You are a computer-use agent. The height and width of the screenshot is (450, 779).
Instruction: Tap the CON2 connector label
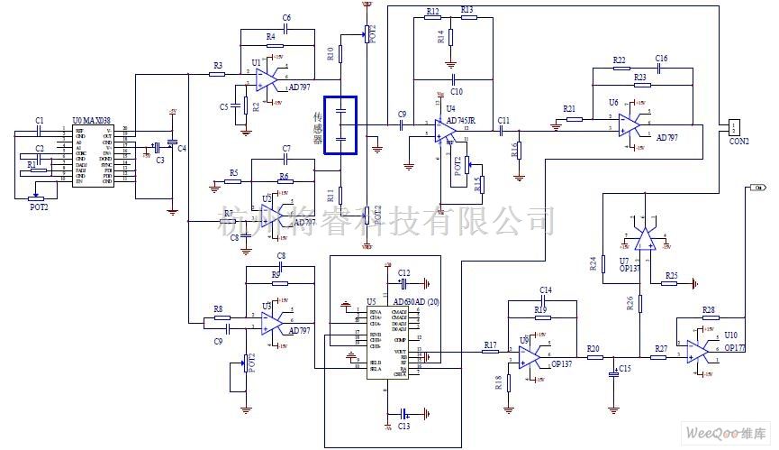738,141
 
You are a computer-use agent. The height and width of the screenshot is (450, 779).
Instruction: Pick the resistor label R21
569,108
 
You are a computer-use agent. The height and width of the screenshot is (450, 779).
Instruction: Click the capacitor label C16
662,57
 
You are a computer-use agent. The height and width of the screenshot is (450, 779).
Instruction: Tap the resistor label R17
490,344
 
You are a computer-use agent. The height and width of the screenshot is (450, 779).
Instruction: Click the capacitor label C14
546,289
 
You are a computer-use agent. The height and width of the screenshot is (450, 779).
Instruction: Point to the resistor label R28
709,310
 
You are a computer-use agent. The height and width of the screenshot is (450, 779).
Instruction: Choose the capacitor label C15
625,369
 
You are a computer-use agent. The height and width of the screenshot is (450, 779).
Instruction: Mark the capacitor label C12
403,272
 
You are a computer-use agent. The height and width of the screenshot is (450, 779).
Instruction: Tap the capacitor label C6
286,17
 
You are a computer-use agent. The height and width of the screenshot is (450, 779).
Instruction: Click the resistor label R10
331,52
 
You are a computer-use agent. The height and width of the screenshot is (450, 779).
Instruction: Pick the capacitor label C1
39,120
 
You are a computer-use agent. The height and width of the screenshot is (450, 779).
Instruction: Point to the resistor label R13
466,9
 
